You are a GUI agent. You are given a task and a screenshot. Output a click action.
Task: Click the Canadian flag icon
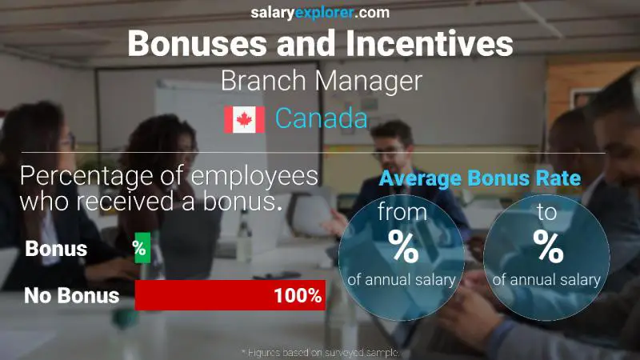244,119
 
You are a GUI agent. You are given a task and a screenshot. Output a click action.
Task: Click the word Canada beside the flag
321,119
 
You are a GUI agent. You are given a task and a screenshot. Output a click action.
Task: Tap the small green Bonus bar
142,248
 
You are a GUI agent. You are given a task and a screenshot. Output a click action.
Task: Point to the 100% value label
297,296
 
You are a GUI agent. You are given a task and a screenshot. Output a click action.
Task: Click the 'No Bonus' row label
72,296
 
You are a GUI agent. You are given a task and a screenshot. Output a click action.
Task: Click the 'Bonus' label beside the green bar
56,249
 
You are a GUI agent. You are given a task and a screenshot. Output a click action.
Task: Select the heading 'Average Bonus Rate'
479,178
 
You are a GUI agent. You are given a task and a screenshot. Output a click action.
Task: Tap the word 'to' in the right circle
548,212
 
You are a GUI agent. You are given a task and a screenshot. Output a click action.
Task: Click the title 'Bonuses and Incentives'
320,43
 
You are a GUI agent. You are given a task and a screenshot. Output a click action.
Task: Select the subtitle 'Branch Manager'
320,82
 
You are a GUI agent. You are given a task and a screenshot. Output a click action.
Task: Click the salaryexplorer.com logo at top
320,12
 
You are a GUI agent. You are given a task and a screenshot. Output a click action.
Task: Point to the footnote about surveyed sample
320,352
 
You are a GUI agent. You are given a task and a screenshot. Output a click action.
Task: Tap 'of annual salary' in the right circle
548,279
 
